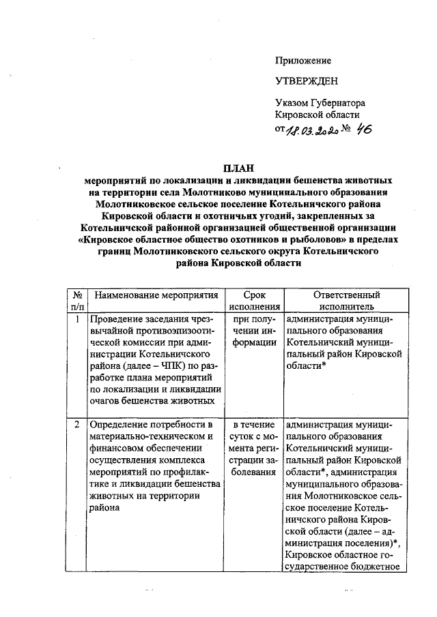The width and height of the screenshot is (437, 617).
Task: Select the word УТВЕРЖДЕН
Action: pos(306,82)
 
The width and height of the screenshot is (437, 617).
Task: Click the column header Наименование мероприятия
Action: pos(156,295)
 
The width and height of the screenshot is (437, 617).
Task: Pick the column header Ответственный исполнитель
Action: pos(346,301)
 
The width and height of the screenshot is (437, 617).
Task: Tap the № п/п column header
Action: pos(77,301)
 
